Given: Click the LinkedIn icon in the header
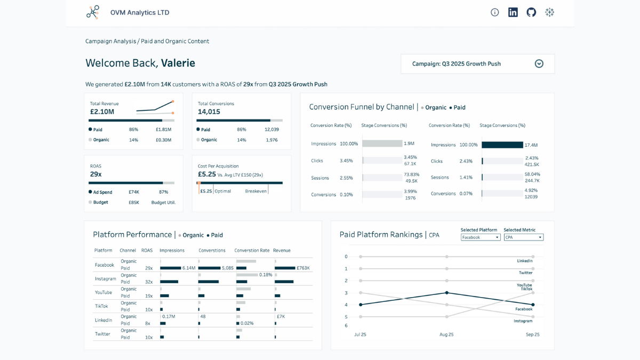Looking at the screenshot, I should point(513,12).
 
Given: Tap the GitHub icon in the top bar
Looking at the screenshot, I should point(531,12).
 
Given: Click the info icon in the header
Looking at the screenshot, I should point(495,12).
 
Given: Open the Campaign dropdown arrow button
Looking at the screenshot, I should point(539,64).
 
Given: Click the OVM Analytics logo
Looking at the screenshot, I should point(93,12).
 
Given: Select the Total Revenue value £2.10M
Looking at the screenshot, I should point(102,112).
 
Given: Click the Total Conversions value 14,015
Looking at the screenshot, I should point(209,112).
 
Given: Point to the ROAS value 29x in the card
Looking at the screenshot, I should point(96,174).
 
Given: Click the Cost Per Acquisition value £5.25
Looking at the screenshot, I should point(207,174).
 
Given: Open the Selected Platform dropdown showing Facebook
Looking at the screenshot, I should point(481,237).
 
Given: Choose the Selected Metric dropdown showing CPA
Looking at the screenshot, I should point(523,237).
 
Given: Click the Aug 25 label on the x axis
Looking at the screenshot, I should point(446,334).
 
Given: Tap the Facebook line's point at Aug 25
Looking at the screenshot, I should point(446,293).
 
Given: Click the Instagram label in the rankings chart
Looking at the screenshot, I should point(523,321).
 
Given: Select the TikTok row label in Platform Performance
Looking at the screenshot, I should point(101,306).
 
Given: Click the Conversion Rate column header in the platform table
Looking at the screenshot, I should point(252,250).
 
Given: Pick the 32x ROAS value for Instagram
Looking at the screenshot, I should point(149,282).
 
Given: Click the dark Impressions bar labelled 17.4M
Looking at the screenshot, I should point(502,145).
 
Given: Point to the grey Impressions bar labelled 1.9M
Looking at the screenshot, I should point(382,143).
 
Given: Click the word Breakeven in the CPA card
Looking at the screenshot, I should point(256,191).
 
